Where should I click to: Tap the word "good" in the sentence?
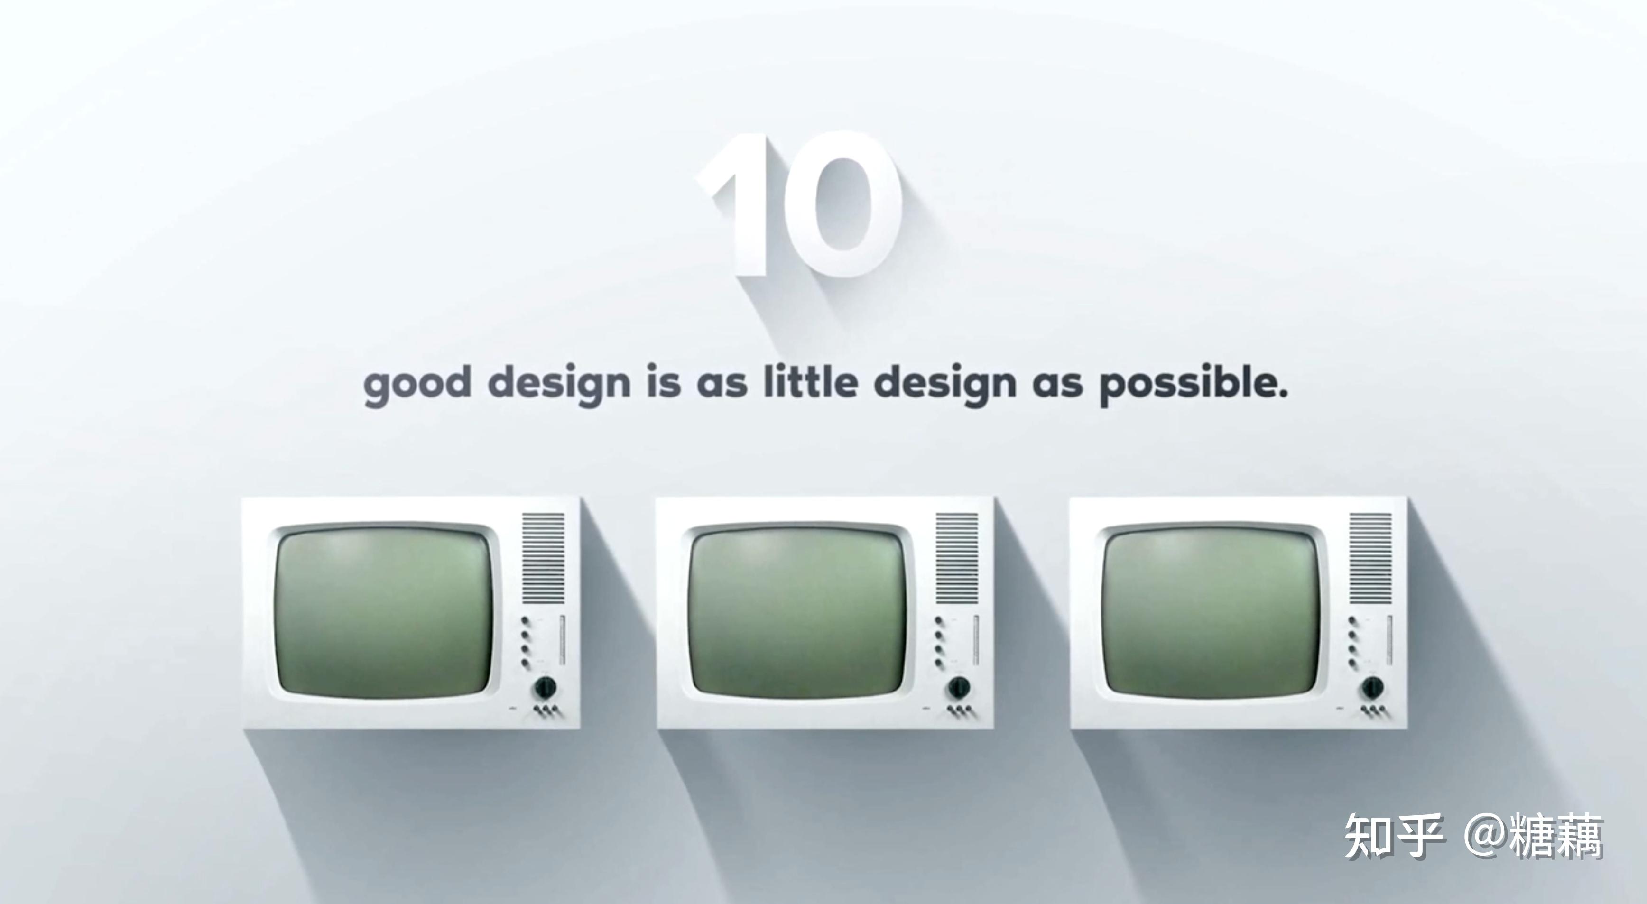coord(417,384)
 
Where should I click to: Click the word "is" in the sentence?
coord(664,382)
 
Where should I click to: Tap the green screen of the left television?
coord(385,612)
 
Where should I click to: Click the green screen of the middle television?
coord(798,612)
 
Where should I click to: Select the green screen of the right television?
coord(1212,612)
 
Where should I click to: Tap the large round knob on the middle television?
coord(958,687)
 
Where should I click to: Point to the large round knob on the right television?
coord(1372,687)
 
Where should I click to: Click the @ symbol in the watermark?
coord(1485,836)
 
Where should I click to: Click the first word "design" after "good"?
coord(559,384)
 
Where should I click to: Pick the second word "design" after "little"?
coord(945,384)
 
